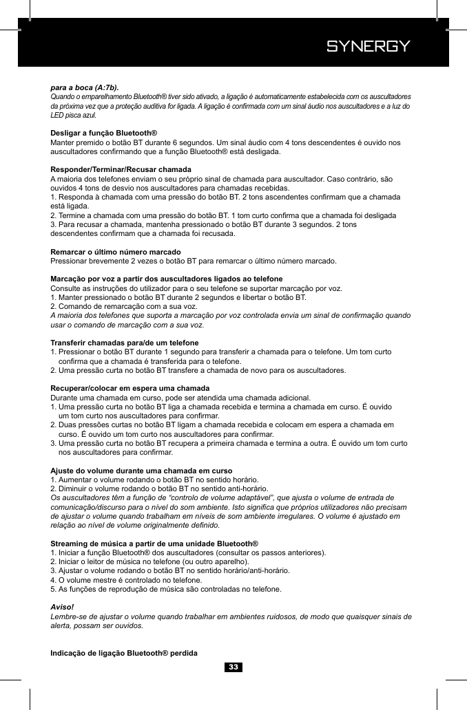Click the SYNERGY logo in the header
368,47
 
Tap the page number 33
233,667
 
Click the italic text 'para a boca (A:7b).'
85,88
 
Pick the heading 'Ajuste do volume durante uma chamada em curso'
141,471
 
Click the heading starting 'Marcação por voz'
167,279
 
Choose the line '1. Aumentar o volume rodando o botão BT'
155,480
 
